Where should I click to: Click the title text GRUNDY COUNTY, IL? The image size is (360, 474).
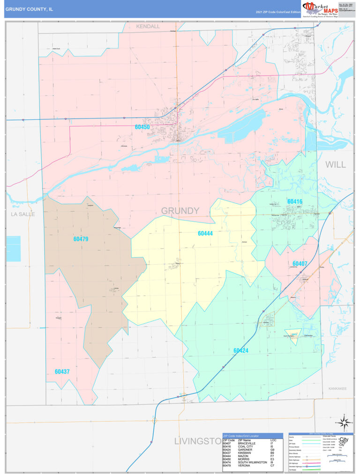29,8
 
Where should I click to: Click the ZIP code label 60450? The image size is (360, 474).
142,127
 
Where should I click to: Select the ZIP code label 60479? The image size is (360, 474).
81,239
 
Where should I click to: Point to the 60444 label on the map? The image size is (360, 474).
205,233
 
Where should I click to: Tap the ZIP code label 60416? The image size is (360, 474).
294,201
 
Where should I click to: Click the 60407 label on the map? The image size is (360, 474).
300,264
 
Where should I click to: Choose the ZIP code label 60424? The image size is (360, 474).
241,350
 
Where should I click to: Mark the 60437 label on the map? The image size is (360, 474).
62,372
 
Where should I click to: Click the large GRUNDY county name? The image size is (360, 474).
180,211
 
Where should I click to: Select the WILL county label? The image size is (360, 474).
336,164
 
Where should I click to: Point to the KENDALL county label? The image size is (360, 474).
148,27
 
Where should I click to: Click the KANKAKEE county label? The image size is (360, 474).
337,388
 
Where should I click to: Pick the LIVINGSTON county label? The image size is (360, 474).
197,441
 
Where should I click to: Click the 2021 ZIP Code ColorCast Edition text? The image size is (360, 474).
277,12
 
